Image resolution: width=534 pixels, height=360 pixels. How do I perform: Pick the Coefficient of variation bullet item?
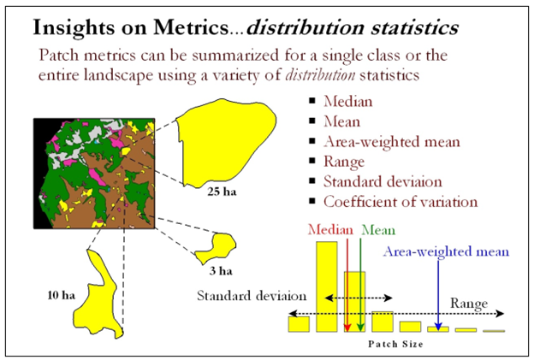point(400,203)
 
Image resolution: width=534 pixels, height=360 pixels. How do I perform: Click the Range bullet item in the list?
point(344,162)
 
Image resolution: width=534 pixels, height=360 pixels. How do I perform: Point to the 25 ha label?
point(221,192)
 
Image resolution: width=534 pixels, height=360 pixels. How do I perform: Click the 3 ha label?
point(220,272)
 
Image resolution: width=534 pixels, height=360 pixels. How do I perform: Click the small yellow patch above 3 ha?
point(218,248)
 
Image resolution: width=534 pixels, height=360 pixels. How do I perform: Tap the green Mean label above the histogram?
point(378,230)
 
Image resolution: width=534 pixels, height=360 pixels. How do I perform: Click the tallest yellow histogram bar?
point(327,286)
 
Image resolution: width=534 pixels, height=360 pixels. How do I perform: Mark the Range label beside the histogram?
point(470,303)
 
